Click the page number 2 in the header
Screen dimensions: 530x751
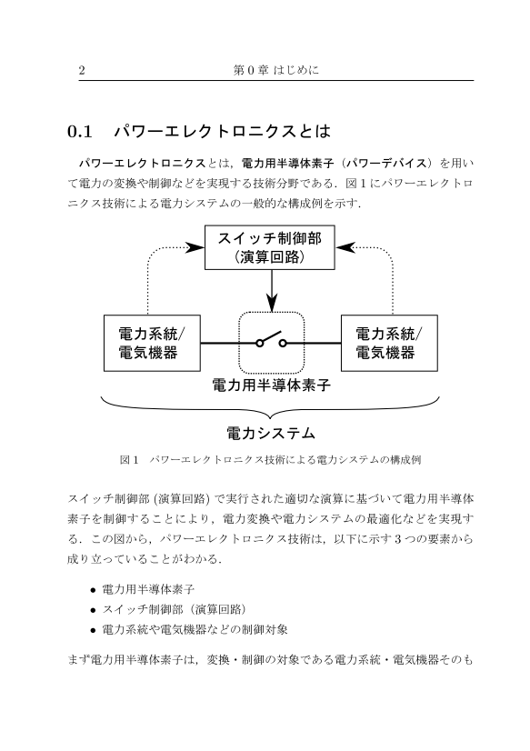(82, 70)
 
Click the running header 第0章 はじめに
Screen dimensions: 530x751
(276, 70)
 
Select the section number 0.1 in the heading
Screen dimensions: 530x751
(79, 131)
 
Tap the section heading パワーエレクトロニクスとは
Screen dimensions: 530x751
(222, 131)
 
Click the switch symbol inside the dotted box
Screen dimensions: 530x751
(272, 340)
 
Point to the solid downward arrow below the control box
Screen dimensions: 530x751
(272, 291)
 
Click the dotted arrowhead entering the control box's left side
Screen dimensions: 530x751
(195, 247)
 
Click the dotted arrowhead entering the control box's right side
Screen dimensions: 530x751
(345, 247)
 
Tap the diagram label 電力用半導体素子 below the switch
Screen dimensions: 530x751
(272, 385)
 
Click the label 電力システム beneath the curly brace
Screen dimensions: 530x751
(271, 434)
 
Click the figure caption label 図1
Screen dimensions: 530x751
(129, 460)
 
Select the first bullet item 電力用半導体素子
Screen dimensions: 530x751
(148, 589)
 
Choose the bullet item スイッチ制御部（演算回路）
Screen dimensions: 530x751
(175, 609)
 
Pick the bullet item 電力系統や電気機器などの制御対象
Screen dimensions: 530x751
(195, 629)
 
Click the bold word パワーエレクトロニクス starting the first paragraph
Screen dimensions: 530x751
(143, 164)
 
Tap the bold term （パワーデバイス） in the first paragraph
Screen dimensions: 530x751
(385, 164)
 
